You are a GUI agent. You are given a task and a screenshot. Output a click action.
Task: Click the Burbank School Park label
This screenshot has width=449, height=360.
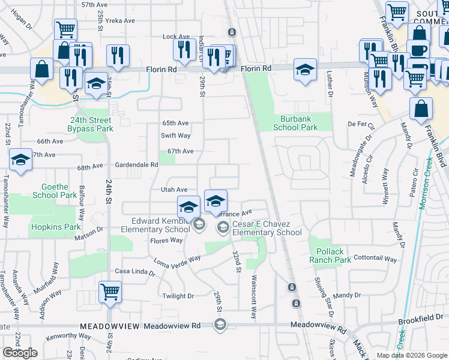point(295,123)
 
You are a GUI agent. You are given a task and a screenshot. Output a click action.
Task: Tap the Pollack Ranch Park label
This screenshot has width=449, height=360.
point(330,256)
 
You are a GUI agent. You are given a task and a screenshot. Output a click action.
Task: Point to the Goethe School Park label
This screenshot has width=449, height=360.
point(55,191)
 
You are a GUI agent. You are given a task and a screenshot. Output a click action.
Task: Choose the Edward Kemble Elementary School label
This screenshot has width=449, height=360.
point(155,224)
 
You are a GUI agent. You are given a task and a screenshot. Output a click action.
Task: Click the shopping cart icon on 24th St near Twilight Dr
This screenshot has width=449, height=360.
point(110,292)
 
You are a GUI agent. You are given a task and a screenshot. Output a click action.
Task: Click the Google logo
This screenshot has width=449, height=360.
point(20,353)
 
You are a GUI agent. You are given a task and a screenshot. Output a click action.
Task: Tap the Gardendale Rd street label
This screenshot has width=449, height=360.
point(137,164)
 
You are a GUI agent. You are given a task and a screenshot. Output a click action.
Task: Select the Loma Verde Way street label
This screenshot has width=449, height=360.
point(177,260)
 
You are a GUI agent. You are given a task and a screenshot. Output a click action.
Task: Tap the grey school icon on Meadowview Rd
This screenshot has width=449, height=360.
point(220,325)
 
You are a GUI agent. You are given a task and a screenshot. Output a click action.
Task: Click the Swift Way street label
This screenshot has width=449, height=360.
point(175,136)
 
